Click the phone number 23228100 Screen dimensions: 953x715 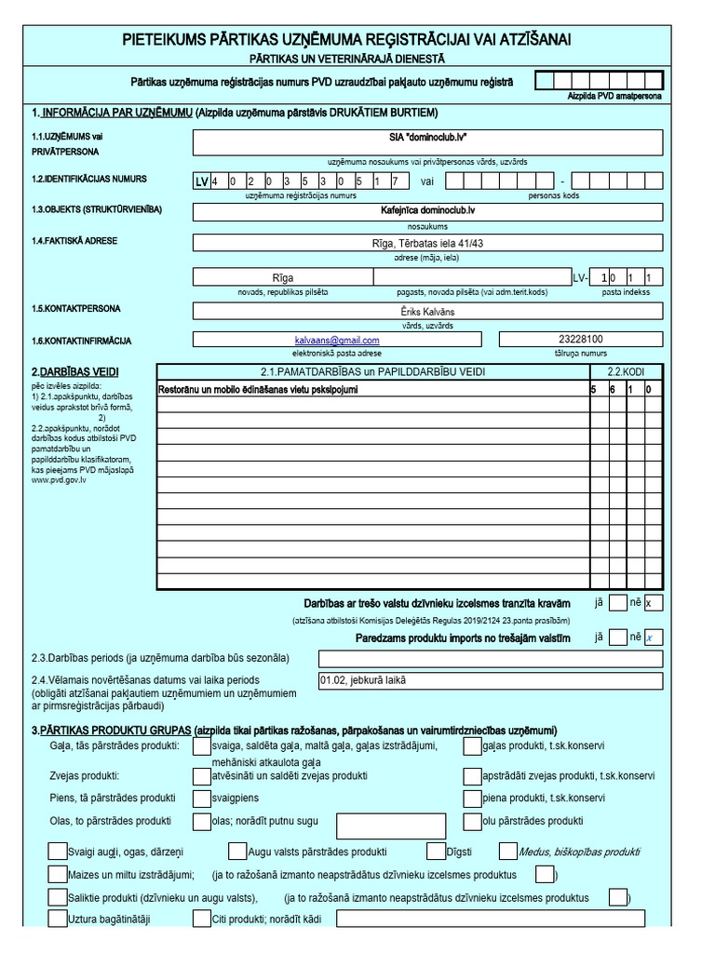pos(580,340)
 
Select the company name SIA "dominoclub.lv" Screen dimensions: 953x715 pos(427,137)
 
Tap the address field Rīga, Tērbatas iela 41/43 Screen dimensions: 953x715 pos(427,242)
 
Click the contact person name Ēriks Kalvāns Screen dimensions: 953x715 pos(427,311)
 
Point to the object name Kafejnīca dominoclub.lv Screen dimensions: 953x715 pos(427,211)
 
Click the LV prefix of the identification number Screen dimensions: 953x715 pos(201,182)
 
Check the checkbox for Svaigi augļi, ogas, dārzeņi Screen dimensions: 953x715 pos(57,851)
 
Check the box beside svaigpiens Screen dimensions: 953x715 pos(201,799)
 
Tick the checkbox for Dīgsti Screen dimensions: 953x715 pos(436,851)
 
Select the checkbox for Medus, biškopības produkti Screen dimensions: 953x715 pos(507,851)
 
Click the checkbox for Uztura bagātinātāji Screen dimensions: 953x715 pos(57,919)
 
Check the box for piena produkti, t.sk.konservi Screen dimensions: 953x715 pos(472,799)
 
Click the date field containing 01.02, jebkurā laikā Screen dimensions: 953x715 pos(490,680)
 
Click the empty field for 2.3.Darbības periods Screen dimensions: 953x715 pos(490,658)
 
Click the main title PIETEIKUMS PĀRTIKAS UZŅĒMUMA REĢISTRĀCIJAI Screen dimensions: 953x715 pos(346,38)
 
